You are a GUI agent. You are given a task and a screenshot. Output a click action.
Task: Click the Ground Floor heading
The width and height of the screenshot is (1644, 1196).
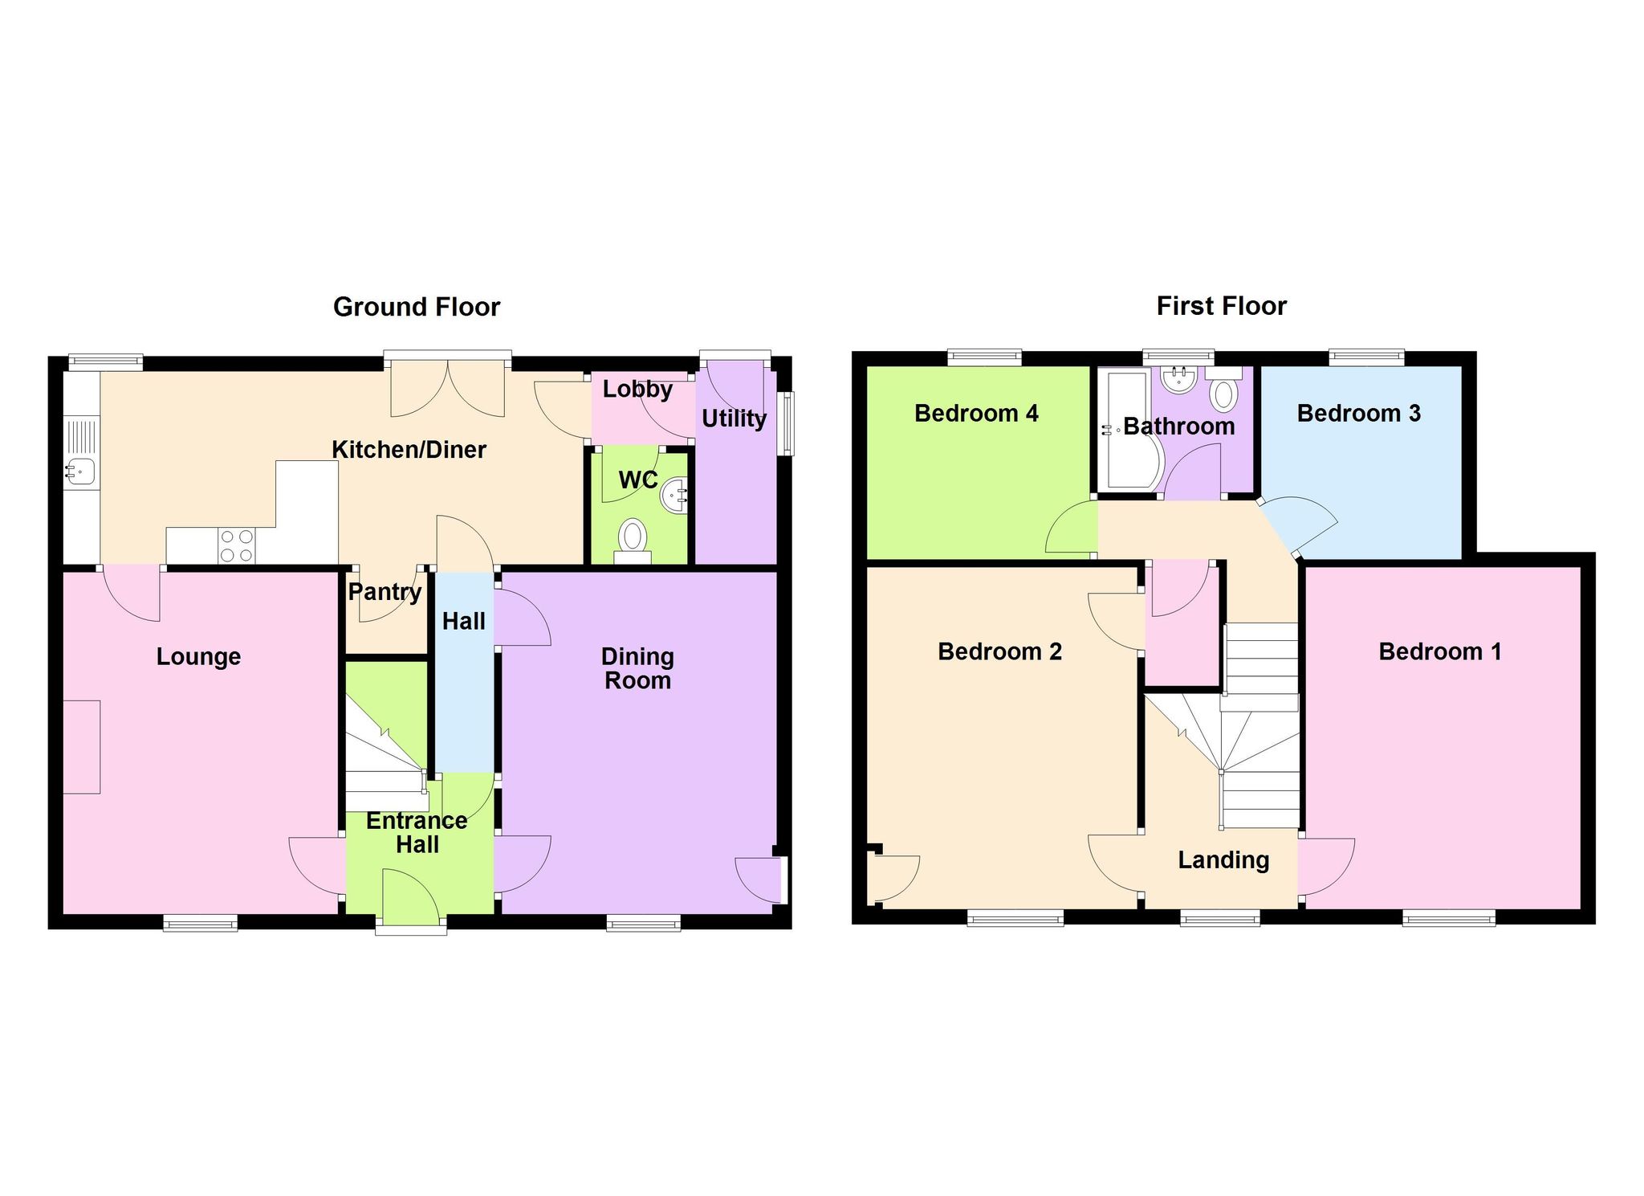(x=417, y=307)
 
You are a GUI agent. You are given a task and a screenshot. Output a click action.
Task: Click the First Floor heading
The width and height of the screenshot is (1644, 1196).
(x=1221, y=306)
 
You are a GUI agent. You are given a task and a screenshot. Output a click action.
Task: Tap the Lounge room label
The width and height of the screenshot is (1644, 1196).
(x=198, y=657)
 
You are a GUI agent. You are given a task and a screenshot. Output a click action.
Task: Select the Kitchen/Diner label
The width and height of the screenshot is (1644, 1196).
(x=409, y=450)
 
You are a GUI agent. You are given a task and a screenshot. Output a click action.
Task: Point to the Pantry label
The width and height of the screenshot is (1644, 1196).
(x=385, y=593)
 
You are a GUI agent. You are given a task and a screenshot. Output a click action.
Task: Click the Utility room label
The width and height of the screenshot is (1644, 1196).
(x=734, y=418)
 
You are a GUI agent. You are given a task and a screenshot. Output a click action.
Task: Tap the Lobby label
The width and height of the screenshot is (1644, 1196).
(x=637, y=390)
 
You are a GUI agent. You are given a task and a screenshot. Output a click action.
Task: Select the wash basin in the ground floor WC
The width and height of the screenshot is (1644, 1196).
(x=674, y=496)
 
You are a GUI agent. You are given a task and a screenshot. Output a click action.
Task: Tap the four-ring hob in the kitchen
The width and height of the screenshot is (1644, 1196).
(x=236, y=545)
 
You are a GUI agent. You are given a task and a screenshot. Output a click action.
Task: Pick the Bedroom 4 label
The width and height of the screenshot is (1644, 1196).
(x=976, y=414)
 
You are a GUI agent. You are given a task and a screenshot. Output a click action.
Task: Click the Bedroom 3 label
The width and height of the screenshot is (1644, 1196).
(x=1358, y=414)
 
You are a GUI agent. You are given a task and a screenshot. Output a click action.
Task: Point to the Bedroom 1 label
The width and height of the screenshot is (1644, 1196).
(x=1439, y=651)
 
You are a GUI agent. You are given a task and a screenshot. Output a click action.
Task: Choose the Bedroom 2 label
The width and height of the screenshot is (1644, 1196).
(x=999, y=651)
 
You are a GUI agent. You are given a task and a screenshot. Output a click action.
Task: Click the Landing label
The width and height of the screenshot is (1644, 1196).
(x=1223, y=860)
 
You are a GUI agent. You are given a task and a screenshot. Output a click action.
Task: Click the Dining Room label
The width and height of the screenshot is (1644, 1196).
(x=637, y=668)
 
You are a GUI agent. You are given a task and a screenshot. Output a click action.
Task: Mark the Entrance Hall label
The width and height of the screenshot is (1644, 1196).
(x=417, y=832)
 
